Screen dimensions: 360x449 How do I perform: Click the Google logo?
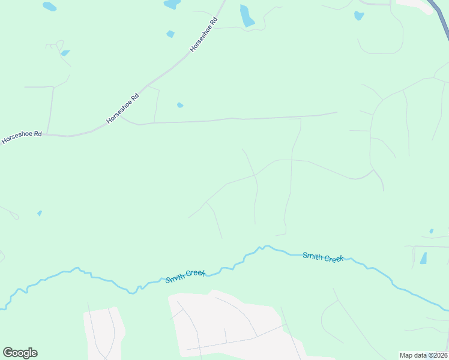20,353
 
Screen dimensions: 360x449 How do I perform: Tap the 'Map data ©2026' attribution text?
423,355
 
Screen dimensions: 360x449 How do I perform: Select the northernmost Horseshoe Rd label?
203,38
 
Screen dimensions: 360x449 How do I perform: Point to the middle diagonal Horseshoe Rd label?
123,109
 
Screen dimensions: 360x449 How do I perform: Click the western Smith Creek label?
185,276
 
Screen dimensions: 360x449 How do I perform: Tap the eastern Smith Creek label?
323,257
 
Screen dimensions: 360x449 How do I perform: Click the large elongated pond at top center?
247,16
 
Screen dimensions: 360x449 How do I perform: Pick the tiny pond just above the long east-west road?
179,105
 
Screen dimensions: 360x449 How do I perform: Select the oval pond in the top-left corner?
49,7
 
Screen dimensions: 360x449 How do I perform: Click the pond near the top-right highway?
359,16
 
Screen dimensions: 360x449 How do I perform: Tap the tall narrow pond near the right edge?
424,258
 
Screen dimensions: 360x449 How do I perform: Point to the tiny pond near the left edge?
40,213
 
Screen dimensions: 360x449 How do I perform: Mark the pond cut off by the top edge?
172,4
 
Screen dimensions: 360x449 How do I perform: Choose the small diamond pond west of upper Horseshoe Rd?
170,34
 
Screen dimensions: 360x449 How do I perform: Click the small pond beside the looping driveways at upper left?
64,53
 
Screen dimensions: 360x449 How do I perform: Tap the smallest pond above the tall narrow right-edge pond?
431,231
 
